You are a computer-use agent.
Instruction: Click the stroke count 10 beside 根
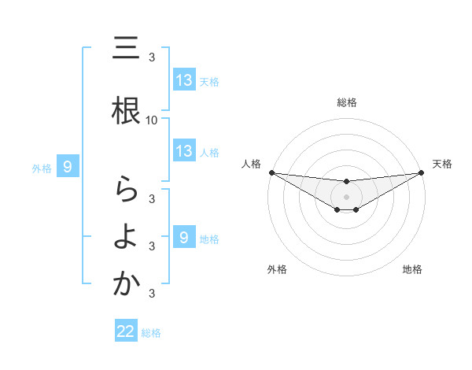click(x=152, y=120)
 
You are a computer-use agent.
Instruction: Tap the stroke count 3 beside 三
click(x=152, y=57)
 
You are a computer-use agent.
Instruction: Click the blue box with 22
click(x=126, y=332)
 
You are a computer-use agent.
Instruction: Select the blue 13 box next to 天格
click(x=184, y=80)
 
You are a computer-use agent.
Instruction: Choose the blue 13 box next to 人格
click(x=184, y=151)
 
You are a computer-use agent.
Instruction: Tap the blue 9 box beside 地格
click(x=184, y=237)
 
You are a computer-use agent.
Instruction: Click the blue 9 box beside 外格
click(x=68, y=167)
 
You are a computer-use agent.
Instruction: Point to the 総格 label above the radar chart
click(x=347, y=102)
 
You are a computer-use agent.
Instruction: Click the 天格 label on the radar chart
click(x=443, y=164)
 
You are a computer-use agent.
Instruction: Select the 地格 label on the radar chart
click(x=412, y=269)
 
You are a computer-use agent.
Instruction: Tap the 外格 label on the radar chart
click(x=277, y=269)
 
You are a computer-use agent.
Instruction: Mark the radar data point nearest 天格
click(x=422, y=172)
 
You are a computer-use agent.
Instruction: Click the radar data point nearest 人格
click(x=271, y=172)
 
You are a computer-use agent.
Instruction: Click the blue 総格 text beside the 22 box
click(x=152, y=333)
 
